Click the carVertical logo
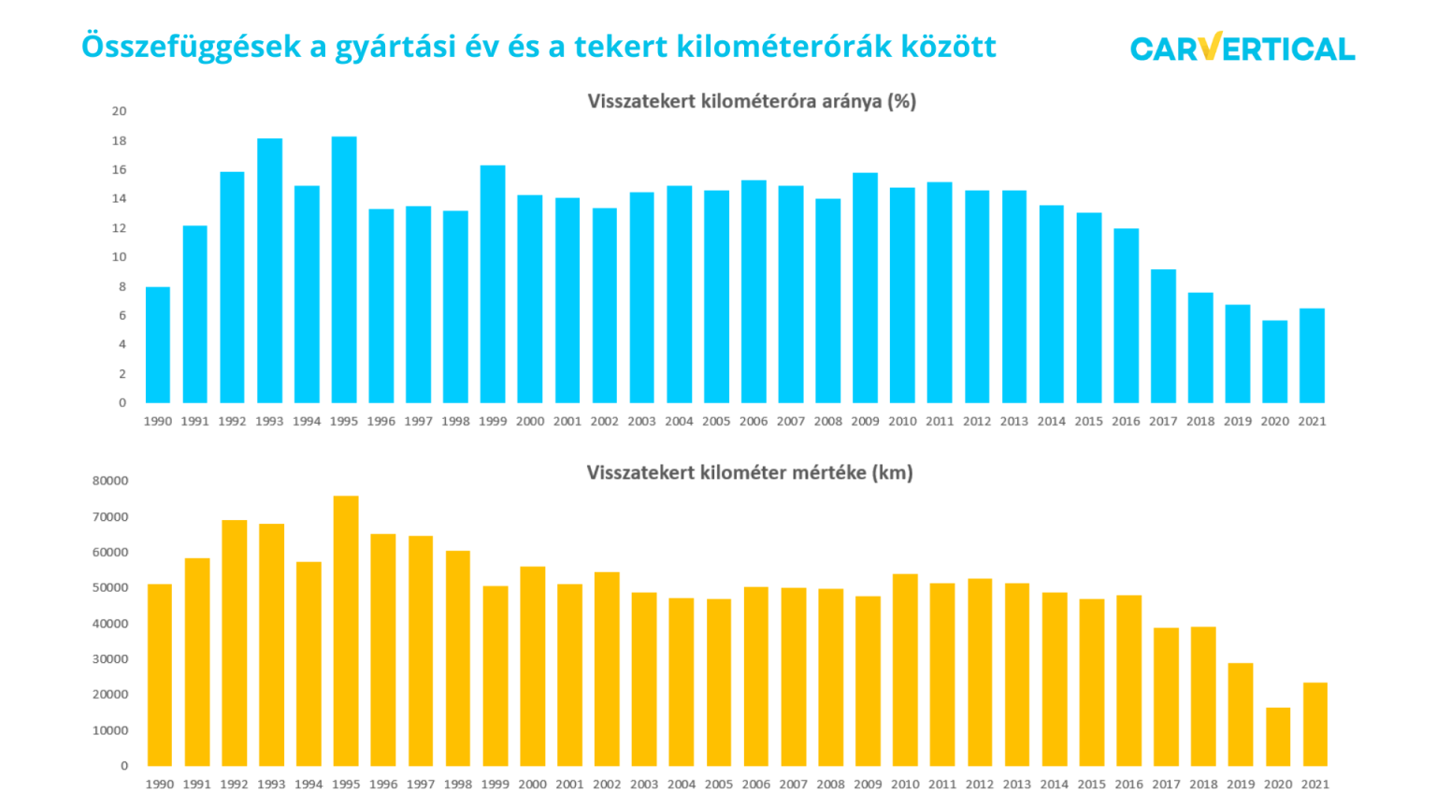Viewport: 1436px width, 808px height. click(1242, 48)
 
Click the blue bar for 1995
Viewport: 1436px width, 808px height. click(344, 270)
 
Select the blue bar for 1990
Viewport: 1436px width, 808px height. click(158, 345)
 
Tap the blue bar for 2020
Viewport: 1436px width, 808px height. click(1274, 362)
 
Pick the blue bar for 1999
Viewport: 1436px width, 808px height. click(493, 284)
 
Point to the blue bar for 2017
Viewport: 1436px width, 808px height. click(1163, 337)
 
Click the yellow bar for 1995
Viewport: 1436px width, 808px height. click(346, 631)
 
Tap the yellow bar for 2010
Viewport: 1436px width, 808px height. click(905, 671)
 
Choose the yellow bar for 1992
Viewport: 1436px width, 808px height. click(235, 643)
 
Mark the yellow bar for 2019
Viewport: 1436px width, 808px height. click(1241, 714)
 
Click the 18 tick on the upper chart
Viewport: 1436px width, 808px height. click(119, 141)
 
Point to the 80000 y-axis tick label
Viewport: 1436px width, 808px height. click(110, 481)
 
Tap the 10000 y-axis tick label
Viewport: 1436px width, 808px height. click(110, 730)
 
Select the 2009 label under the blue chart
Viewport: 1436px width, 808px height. click(865, 422)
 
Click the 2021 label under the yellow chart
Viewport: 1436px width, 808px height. click(1315, 785)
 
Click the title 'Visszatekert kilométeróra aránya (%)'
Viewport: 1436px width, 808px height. click(752, 101)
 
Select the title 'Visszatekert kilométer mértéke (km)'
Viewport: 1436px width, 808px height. click(750, 472)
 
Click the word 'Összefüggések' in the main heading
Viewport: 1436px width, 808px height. click(192, 46)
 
